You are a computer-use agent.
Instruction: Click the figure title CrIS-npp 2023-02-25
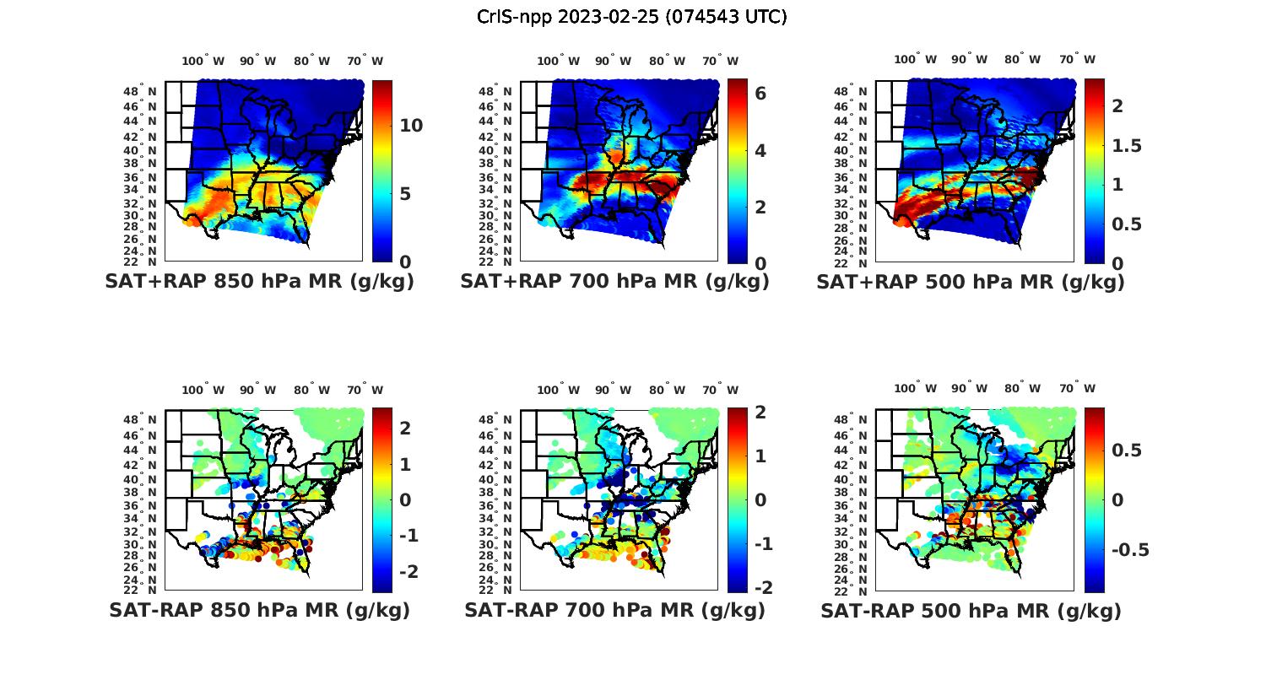tap(632, 17)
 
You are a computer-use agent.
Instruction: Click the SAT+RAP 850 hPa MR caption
tap(260, 282)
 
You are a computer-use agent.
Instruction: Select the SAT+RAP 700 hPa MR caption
tap(615, 282)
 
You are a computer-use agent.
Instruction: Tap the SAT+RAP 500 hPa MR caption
tap(971, 282)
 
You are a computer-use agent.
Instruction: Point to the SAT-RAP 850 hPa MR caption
tap(260, 610)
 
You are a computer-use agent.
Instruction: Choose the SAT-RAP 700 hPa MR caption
tap(615, 610)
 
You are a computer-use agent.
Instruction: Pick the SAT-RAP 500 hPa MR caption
tap(971, 610)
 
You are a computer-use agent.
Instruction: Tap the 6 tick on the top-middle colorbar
tap(760, 94)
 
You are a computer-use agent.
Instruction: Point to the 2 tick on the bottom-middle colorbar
tap(760, 413)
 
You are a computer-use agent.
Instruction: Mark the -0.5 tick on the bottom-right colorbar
tap(1129, 550)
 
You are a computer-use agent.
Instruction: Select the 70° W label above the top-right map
tap(1078, 59)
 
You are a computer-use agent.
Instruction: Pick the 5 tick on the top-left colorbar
tap(406, 194)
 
